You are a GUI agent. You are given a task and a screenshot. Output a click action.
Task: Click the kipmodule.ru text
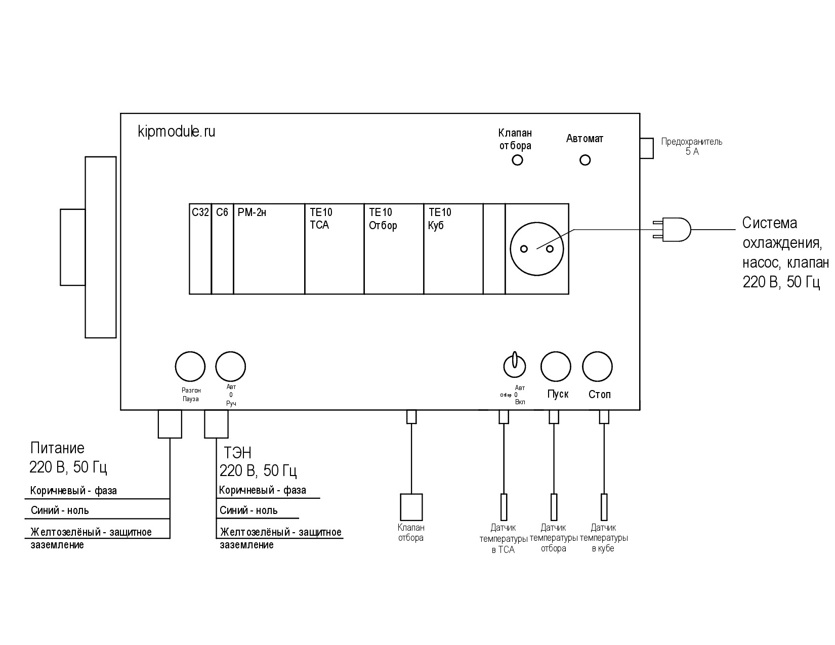point(177,132)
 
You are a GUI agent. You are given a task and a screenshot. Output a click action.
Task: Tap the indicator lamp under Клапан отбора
point(517,160)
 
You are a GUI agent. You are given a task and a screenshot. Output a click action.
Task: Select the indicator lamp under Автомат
point(585,160)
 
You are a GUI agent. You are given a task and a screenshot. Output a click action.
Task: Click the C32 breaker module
point(200,249)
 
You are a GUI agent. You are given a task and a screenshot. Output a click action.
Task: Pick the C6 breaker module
point(223,249)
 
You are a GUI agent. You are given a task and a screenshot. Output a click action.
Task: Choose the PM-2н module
point(269,249)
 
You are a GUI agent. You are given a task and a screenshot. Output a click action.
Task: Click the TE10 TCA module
point(335,249)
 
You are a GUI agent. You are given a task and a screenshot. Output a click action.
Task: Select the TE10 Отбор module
point(394,249)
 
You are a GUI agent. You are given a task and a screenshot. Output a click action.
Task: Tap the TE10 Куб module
point(453,249)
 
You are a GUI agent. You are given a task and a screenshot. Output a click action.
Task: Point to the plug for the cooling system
point(672,230)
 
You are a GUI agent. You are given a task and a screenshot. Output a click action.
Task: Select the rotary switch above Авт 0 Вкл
point(515,366)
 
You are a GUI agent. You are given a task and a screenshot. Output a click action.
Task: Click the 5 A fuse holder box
point(647,148)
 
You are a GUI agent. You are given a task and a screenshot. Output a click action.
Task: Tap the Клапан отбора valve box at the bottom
point(411,507)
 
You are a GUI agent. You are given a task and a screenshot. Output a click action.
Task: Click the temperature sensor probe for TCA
point(504,507)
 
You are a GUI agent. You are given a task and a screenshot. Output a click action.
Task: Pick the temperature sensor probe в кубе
point(604,507)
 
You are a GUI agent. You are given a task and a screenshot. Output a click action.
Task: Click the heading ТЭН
point(237,453)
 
